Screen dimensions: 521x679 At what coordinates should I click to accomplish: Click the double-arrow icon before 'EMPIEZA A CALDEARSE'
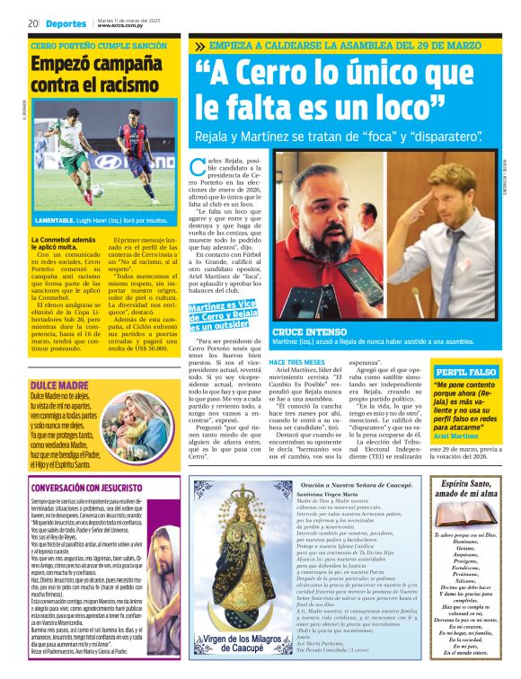199,46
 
